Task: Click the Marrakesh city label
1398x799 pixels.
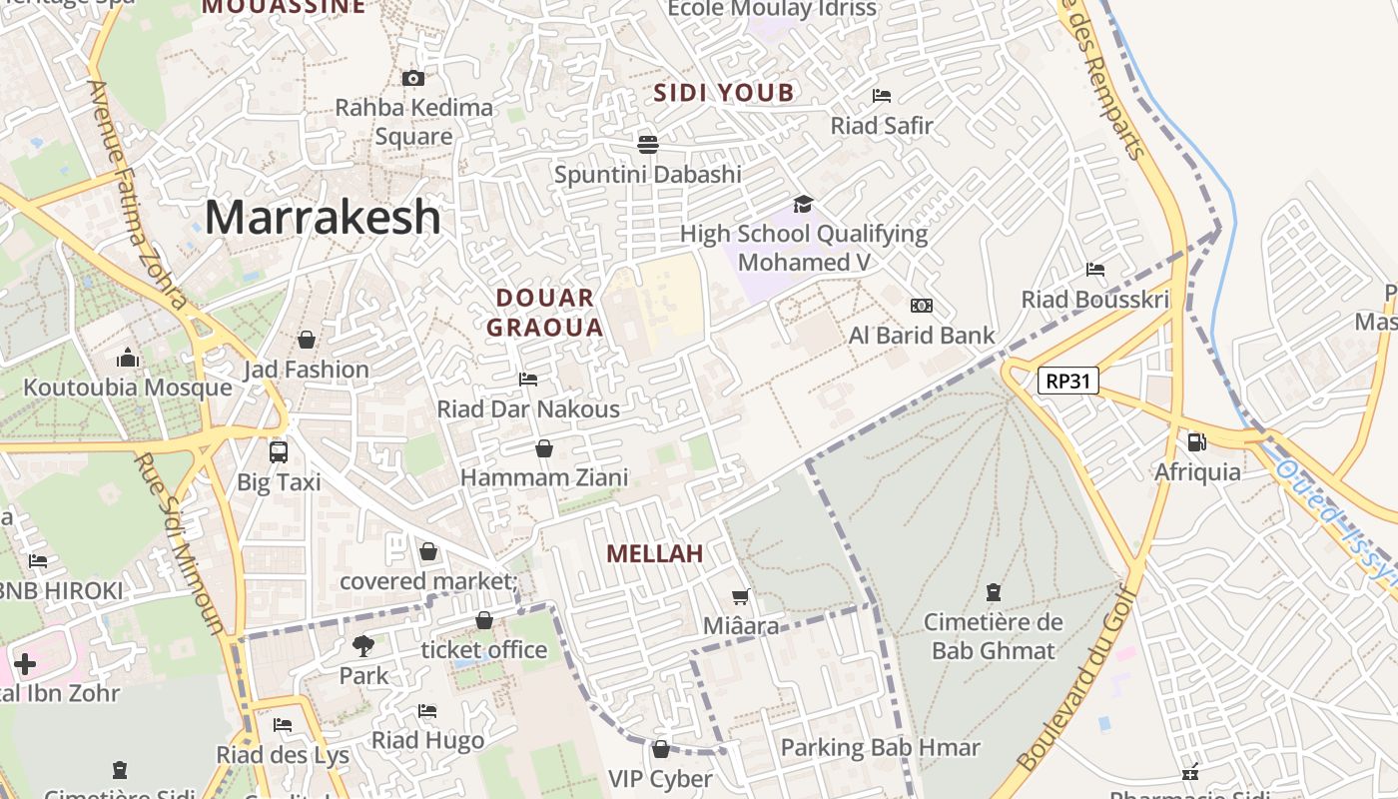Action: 323,217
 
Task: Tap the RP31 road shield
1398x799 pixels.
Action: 1067,381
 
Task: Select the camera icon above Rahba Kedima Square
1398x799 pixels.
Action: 412,78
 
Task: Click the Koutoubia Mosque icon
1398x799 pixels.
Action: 128,358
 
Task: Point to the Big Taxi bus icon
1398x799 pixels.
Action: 279,451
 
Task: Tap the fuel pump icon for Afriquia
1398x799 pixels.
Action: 1196,440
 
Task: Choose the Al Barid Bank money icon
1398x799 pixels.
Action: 921,306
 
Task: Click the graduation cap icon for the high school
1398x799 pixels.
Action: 803,205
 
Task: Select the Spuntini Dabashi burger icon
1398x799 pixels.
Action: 647,145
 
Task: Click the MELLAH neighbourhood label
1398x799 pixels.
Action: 655,553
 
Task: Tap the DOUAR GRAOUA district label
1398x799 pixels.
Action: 545,313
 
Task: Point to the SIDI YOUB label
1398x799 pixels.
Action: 724,94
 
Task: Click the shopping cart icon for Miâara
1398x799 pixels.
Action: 740,597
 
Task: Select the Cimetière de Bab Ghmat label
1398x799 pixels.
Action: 993,636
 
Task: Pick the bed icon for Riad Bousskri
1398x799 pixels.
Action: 1095,270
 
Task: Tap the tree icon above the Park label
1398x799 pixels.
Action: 362,646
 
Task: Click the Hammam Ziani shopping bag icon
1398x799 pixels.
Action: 544,448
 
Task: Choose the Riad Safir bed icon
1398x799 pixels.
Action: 882,96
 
